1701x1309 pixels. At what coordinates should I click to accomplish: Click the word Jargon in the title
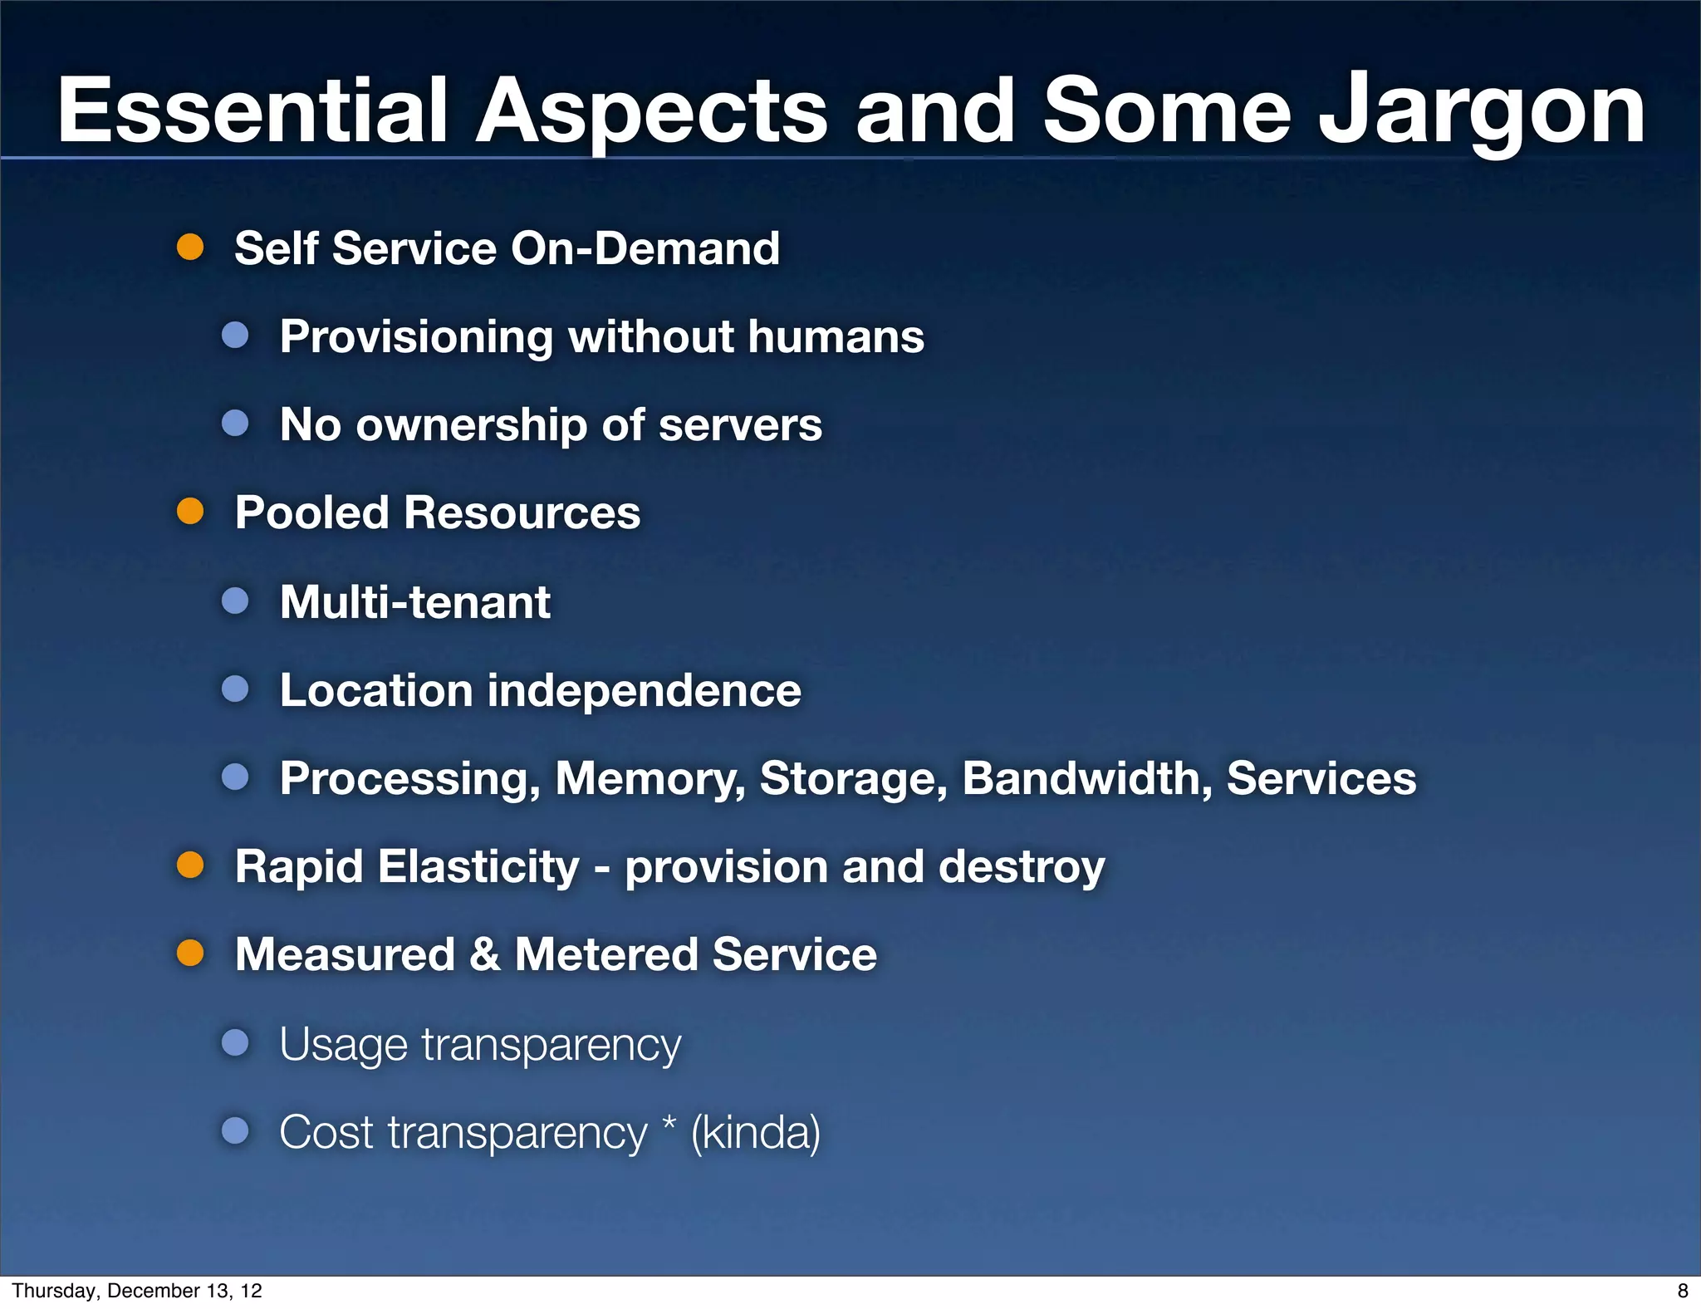1482,112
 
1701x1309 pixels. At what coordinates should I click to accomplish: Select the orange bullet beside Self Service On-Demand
190,248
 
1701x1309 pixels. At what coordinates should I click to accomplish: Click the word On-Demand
645,248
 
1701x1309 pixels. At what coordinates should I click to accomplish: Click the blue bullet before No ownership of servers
236,424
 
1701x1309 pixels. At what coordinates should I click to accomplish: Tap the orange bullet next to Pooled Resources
190,512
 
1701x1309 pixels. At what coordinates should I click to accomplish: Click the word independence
644,690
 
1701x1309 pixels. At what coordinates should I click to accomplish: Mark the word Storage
853,779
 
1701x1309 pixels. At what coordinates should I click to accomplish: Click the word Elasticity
478,867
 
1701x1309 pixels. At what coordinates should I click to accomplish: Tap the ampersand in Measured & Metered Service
485,954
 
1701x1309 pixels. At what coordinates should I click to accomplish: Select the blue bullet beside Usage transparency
236,1042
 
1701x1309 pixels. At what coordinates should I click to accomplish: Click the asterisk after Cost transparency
669,1125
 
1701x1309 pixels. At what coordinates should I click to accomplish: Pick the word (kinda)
756,1132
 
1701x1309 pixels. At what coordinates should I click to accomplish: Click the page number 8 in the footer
1683,1291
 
